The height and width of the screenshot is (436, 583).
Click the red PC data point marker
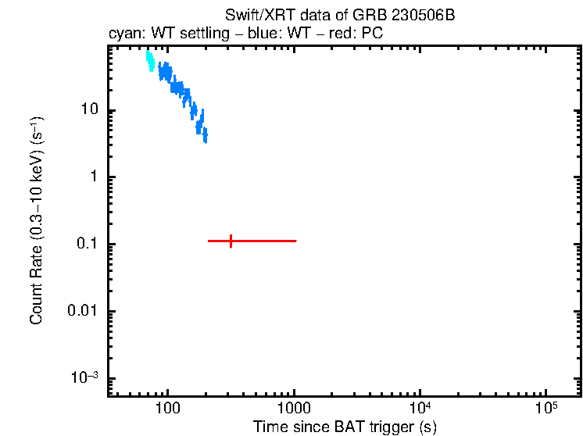click(x=231, y=241)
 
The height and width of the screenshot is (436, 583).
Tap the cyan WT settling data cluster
click(x=149, y=61)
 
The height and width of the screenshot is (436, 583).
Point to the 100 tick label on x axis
click(x=167, y=409)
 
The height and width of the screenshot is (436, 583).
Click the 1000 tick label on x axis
click(x=294, y=409)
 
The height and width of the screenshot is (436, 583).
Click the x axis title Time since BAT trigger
click(x=344, y=427)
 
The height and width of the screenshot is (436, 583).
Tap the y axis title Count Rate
click(x=37, y=220)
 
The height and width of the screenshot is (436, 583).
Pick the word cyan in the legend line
click(x=121, y=35)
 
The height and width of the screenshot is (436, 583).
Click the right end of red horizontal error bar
click(x=295, y=241)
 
